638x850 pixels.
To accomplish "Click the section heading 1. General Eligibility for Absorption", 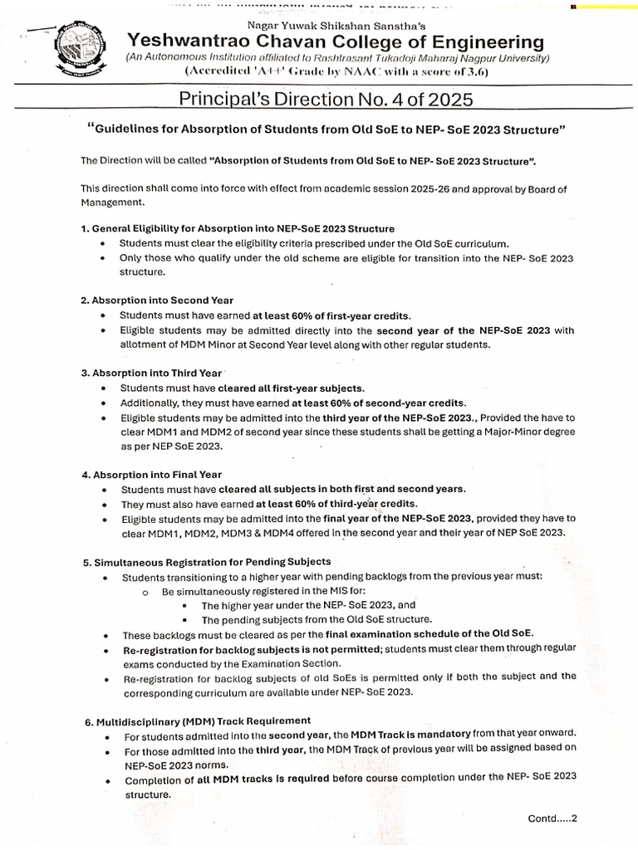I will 238,228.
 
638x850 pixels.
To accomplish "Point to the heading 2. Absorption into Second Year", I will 157,300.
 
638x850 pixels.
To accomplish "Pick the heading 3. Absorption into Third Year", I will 151,373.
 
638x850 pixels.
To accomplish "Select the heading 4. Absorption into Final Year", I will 151,474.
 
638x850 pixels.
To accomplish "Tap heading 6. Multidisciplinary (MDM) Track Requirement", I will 198,720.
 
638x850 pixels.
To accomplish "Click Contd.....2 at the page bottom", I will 552,818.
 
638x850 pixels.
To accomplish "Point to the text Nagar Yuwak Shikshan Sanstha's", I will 326,24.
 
